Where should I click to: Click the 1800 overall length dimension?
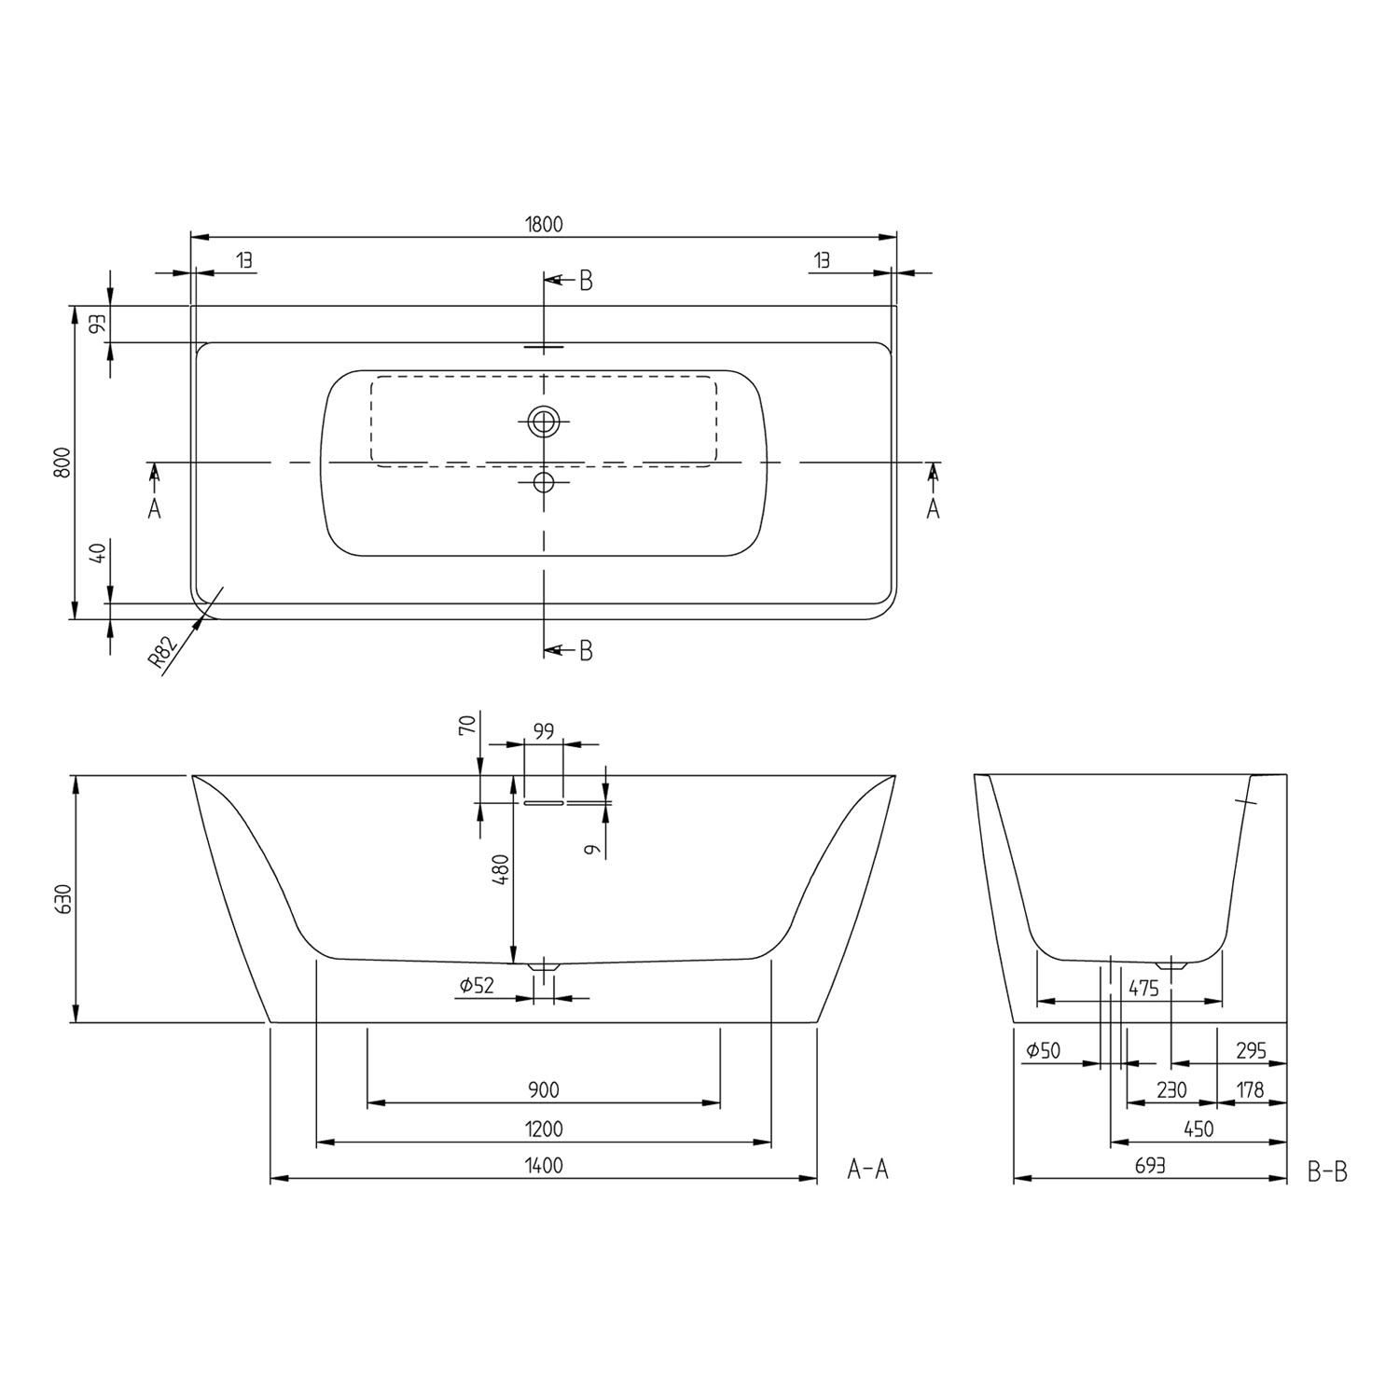point(544,225)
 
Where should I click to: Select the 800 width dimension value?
point(62,462)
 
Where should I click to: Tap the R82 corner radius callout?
point(163,655)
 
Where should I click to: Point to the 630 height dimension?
point(62,898)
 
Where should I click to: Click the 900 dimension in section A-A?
point(543,1090)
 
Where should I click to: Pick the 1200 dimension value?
point(544,1129)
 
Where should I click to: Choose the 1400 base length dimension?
point(544,1166)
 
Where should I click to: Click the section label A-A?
point(867,1169)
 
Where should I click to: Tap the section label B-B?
point(1327,1171)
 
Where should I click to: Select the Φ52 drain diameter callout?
point(477,985)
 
